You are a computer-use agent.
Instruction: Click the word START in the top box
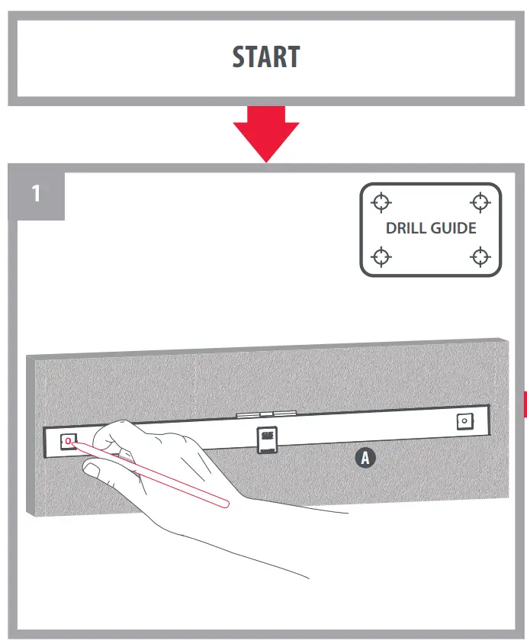tap(265, 58)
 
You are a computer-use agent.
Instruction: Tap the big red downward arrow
tap(265, 132)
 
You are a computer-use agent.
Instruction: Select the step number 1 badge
tap(36, 194)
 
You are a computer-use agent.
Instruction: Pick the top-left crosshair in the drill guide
tap(381, 202)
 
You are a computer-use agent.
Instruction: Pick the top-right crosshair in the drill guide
tap(480, 202)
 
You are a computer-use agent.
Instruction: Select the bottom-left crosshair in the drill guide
tap(381, 256)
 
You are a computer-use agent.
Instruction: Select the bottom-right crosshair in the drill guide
tap(480, 256)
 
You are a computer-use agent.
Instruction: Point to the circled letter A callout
tap(365, 458)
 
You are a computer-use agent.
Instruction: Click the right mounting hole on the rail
tap(463, 422)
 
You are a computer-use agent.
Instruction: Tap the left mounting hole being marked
tap(69, 441)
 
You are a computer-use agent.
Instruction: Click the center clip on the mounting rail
tap(266, 439)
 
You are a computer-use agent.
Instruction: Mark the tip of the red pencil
tap(71, 443)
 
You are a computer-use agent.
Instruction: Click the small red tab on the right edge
tap(524, 404)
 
